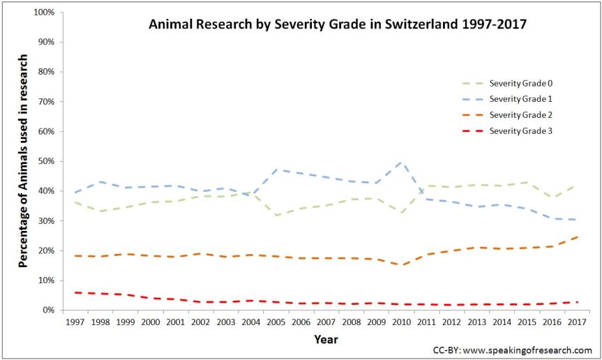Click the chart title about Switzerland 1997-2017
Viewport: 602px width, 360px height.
coord(337,24)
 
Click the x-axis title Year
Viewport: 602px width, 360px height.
coord(326,339)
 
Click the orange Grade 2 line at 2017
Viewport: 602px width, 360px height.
coord(577,237)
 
